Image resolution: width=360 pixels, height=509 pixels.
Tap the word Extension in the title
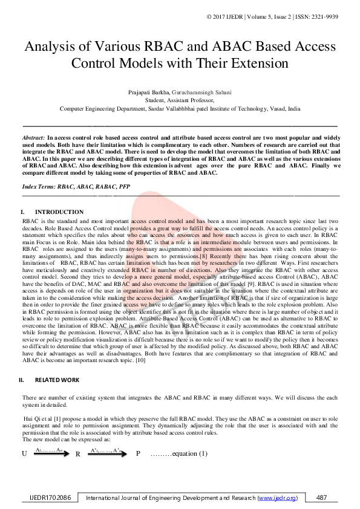[x=252, y=63]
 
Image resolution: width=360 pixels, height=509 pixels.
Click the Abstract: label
[x=33, y=138]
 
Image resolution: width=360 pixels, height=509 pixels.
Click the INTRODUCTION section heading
[x=59, y=212]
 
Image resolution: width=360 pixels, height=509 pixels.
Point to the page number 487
[x=322, y=498]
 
